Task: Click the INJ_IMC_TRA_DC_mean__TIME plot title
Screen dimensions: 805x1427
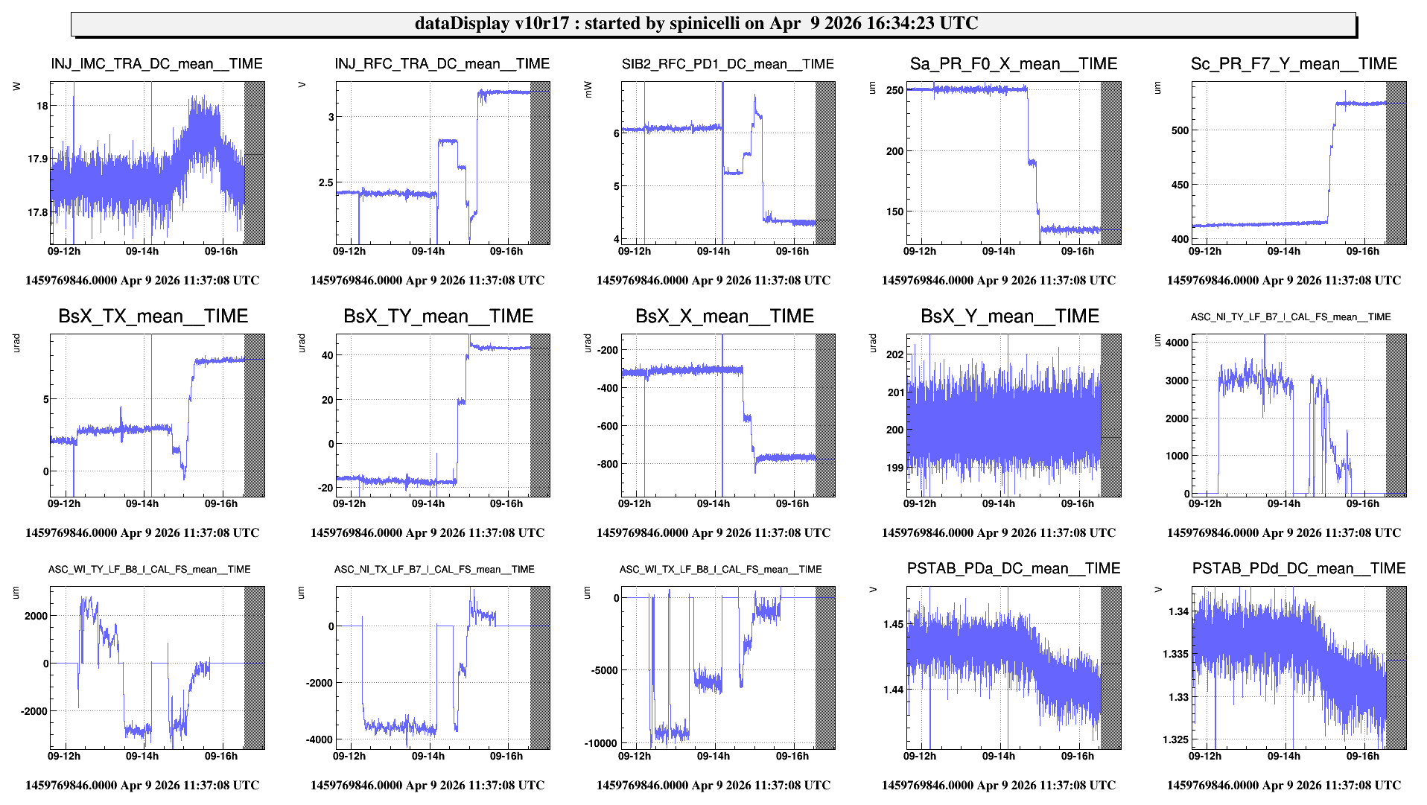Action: coord(156,64)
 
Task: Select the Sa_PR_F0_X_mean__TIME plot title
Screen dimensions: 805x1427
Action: coord(1013,64)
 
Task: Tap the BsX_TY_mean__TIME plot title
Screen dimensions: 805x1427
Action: coord(438,316)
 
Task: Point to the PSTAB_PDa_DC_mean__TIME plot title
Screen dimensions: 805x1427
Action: coord(1013,569)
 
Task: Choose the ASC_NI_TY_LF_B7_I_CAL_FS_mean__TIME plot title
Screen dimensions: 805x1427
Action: coord(1290,317)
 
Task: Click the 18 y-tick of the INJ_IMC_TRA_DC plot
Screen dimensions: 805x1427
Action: coord(42,106)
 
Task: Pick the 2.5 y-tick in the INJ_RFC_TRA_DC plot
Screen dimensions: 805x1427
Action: coord(325,182)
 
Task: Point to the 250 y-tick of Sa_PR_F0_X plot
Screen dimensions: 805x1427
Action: coord(894,90)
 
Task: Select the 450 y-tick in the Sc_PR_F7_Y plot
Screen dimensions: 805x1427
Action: coord(1180,185)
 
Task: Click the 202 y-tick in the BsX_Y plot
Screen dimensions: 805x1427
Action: coord(894,354)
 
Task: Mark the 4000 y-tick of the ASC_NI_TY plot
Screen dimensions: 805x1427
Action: coord(1177,343)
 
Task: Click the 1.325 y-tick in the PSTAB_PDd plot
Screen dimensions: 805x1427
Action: coord(1175,739)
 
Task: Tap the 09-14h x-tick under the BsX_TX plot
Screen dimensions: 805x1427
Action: coord(142,504)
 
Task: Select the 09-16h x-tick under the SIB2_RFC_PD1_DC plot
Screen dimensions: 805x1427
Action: coord(792,252)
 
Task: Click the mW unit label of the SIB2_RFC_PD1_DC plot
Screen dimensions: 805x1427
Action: coord(587,89)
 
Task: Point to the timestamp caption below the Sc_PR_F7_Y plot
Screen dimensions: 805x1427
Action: coord(1283,281)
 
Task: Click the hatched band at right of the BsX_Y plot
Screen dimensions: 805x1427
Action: coord(1110,415)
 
